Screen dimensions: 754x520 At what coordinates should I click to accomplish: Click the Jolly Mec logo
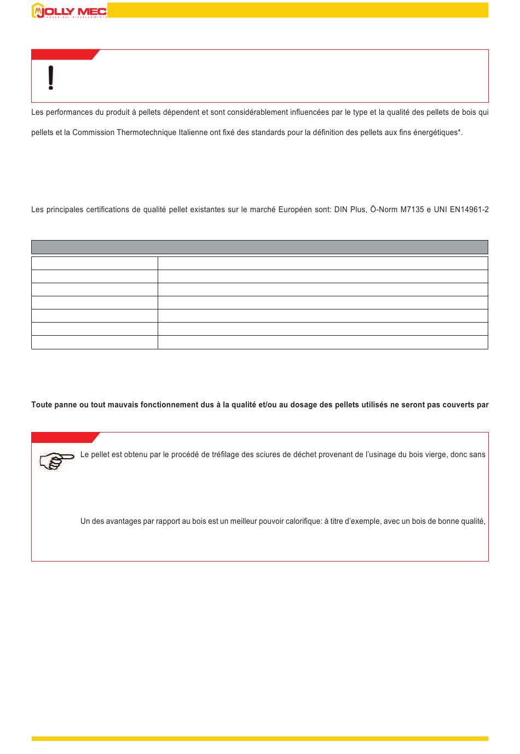[69, 10]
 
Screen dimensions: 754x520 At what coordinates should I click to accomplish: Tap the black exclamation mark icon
[51, 78]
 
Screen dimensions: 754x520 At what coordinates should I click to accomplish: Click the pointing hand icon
[56, 460]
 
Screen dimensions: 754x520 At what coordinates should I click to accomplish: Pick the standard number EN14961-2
[468, 209]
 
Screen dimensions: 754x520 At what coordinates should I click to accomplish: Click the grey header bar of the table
[259, 247]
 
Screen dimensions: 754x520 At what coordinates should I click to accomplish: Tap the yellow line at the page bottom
[259, 739]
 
